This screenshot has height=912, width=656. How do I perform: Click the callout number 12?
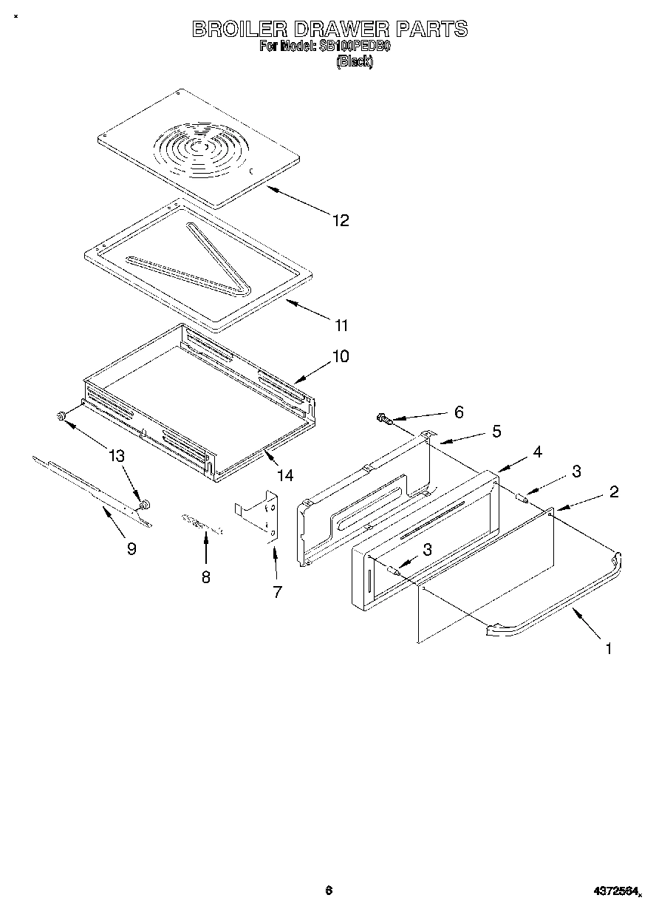point(340,220)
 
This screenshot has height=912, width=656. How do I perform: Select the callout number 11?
point(340,325)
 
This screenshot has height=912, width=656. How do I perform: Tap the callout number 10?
point(340,356)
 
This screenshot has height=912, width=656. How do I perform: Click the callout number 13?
point(116,456)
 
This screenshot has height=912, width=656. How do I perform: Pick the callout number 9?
point(131,549)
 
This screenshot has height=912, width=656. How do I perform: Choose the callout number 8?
point(205,577)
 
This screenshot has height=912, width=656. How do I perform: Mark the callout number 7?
point(277,592)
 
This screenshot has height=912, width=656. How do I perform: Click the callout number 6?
point(458,412)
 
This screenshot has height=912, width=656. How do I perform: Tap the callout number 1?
point(608,649)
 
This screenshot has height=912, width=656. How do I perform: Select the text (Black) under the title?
point(355,62)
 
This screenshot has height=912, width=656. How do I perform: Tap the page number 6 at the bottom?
point(329,891)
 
